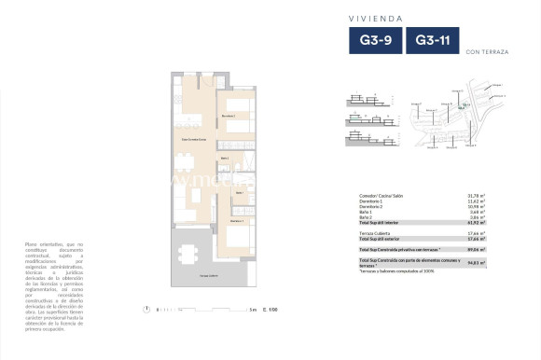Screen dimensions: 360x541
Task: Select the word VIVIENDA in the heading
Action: [402, 16]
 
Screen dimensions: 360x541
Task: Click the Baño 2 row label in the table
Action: [368, 217]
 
